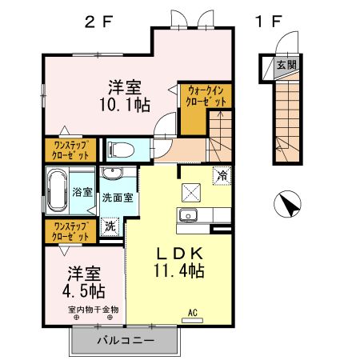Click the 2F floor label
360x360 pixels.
tap(99, 22)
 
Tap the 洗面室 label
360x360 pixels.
tap(116, 197)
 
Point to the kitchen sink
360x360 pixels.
tap(189, 215)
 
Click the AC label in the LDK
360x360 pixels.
tap(192, 312)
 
